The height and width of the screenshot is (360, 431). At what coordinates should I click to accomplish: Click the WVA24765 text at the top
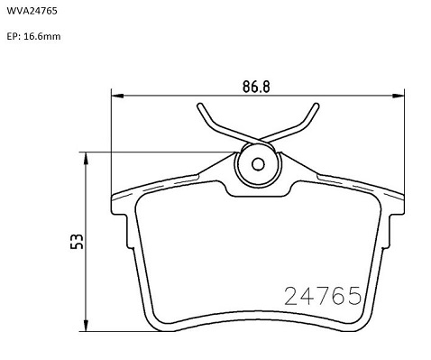coord(32,11)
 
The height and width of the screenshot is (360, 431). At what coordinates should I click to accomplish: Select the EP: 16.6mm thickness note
coord(33,36)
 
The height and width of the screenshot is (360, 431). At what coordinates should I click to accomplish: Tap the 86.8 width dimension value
coord(256,87)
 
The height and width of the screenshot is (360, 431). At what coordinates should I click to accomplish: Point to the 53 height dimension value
coord(77,241)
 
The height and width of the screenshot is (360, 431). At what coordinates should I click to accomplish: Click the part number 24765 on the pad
coord(323,296)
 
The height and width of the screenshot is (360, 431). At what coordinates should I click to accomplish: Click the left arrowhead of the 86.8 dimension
coord(117,96)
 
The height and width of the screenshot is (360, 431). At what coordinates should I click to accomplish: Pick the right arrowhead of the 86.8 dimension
coord(399,96)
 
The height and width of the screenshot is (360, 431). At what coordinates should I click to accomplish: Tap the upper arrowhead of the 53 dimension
coord(87,158)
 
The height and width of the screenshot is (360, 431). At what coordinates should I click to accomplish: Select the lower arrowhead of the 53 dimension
coord(87,326)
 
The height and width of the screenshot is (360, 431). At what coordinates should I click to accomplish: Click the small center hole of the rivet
coord(258,164)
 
